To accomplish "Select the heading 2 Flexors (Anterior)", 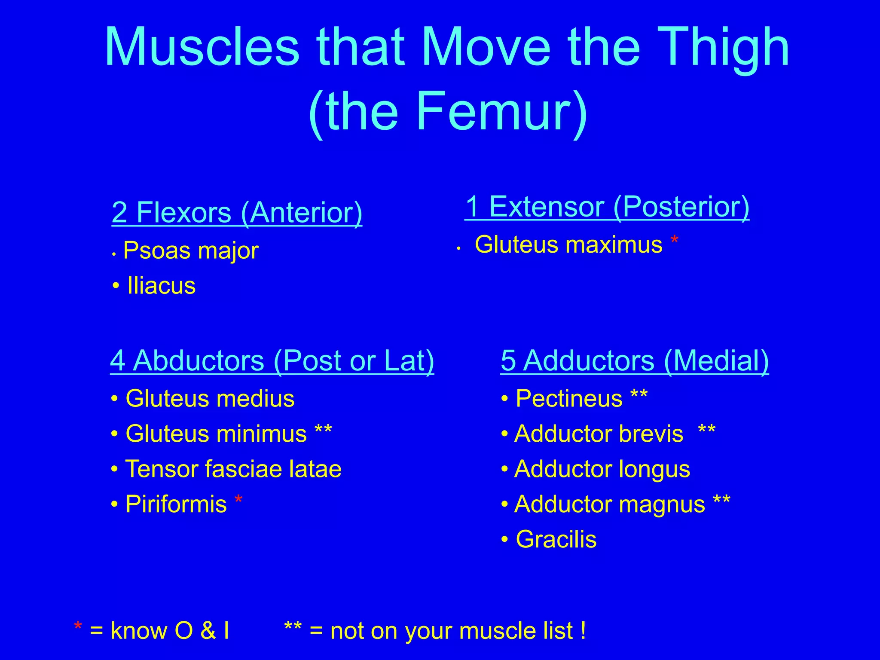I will [237, 213].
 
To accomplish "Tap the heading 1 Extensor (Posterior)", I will [607, 207].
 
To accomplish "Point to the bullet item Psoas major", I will [191, 251].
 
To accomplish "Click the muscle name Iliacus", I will [161, 286].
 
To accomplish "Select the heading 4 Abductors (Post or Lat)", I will [272, 361].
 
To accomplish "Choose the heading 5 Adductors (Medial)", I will [635, 361].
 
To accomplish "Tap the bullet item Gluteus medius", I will [210, 398].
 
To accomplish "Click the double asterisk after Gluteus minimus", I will [323, 430].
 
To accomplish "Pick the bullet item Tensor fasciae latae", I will [233, 469].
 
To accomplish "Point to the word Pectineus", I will [569, 398].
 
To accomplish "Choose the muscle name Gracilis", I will [556, 539].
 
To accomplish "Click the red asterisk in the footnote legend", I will [78, 627].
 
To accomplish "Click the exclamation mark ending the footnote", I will [583, 631].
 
